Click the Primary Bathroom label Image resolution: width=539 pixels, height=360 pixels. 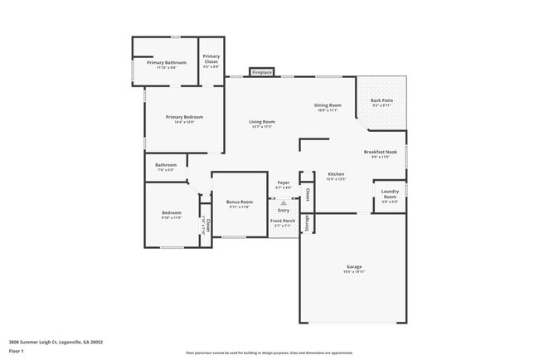pos(167,63)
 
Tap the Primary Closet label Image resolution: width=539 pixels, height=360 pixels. pos(211,59)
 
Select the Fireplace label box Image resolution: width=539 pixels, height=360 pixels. pos(262,72)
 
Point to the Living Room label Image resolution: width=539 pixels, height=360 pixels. pos(262,122)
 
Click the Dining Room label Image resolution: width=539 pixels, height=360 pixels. pos(328,105)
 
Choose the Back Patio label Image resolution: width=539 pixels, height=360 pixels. pos(382,100)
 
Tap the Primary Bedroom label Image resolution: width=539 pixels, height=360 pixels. pos(184,117)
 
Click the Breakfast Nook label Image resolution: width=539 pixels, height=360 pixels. pos(381,152)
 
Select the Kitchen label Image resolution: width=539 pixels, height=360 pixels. pos(335,173)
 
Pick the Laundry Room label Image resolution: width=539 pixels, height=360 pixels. pos(390,194)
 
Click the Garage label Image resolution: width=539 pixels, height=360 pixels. pos(354,267)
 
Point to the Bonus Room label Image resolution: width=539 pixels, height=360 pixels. pos(240,202)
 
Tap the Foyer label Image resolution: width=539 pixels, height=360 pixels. pos(283,183)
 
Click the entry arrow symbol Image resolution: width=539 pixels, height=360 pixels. pos(283,201)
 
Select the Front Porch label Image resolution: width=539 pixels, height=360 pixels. pos(283,221)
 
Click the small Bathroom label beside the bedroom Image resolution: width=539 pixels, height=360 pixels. pos(165,165)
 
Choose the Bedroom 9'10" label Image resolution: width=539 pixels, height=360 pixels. pos(171,213)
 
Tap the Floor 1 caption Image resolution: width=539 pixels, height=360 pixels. pos(16,351)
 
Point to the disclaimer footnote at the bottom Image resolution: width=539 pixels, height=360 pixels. pos(269,353)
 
